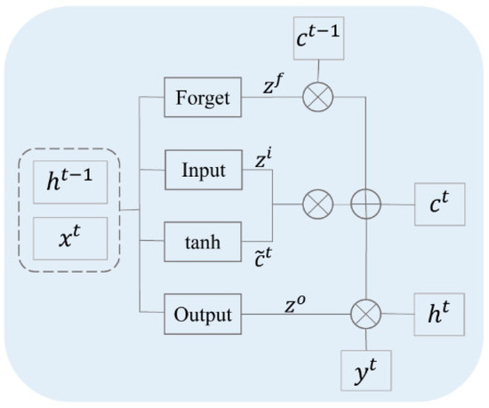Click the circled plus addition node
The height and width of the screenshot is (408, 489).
pyautogui.click(x=365, y=204)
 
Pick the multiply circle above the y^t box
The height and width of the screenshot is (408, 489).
pyautogui.click(x=365, y=314)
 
